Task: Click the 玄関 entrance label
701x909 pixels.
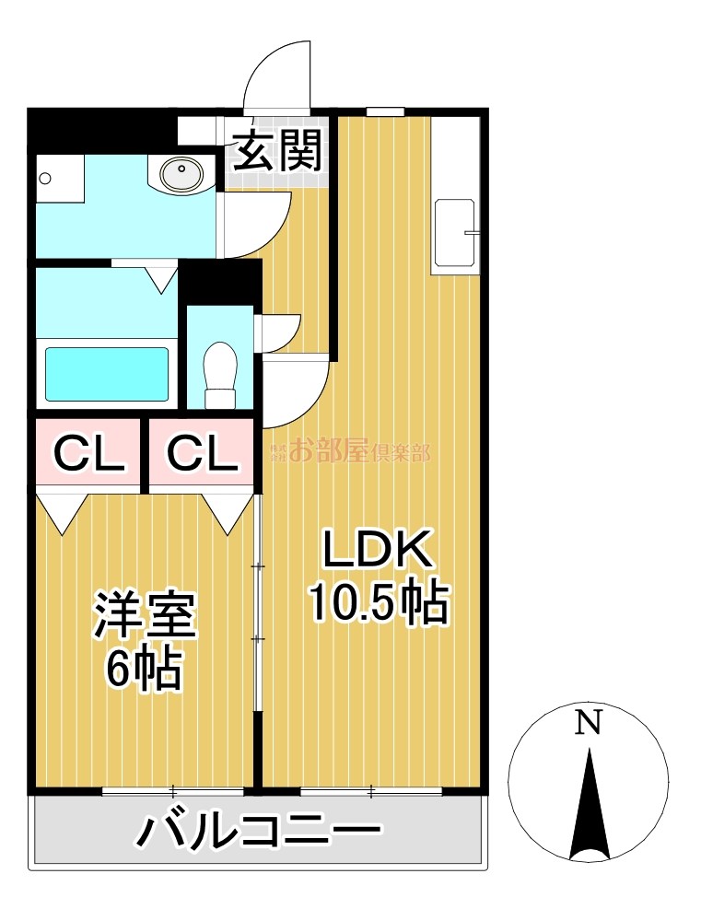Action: (x=277, y=151)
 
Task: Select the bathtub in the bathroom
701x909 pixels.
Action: (x=107, y=374)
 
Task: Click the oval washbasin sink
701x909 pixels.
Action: (x=181, y=172)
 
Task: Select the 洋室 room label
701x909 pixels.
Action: (x=145, y=614)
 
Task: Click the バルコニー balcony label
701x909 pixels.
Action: (x=257, y=830)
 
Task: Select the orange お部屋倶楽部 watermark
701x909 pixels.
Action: (x=350, y=450)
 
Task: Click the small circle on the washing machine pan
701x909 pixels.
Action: (x=44, y=178)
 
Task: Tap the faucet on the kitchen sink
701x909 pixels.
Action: (x=472, y=233)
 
